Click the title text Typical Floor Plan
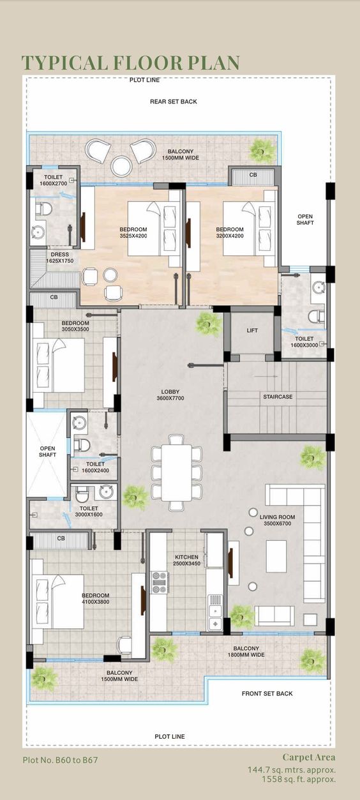point(131,63)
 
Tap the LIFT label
point(252,330)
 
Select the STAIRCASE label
point(278,396)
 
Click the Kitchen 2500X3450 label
point(187,561)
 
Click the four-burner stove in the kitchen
point(158,582)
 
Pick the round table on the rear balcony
point(121,166)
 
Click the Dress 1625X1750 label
point(60,257)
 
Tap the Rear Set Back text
point(173,102)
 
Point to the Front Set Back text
point(267,693)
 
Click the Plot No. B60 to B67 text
point(60,760)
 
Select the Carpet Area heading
point(309,757)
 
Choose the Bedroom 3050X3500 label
point(75,327)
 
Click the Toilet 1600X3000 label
point(304,342)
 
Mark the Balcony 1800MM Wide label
point(248,651)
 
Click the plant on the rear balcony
point(261,150)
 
